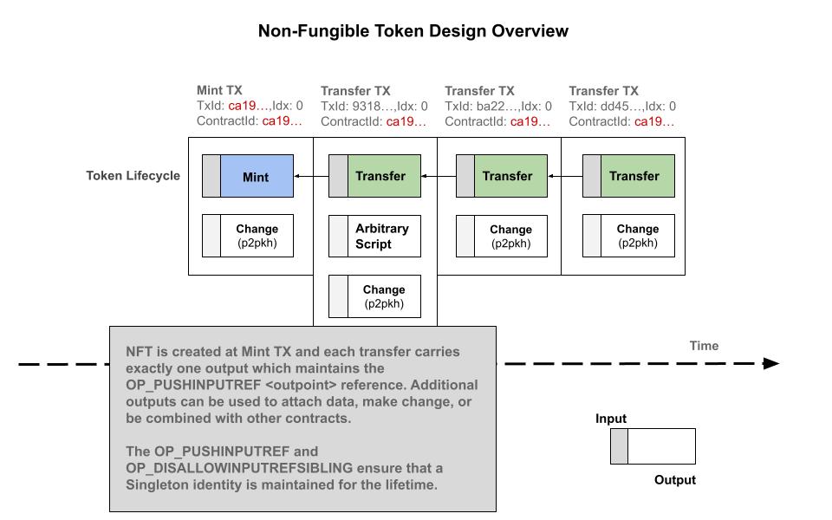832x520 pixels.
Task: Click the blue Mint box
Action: point(257,177)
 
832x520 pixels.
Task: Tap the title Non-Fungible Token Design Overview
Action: point(413,31)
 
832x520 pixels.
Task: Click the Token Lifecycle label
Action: point(133,176)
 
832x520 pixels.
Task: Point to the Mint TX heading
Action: point(219,90)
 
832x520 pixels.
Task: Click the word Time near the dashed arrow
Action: point(704,346)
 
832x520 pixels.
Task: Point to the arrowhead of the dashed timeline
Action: point(771,364)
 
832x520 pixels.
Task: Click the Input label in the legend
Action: point(611,419)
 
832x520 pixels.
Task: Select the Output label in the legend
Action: point(674,480)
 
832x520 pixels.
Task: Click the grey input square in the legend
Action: point(619,446)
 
